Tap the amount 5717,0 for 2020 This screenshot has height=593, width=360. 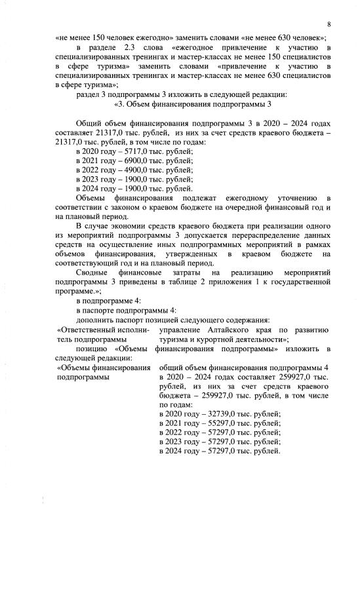pyautogui.click(x=119, y=151)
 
